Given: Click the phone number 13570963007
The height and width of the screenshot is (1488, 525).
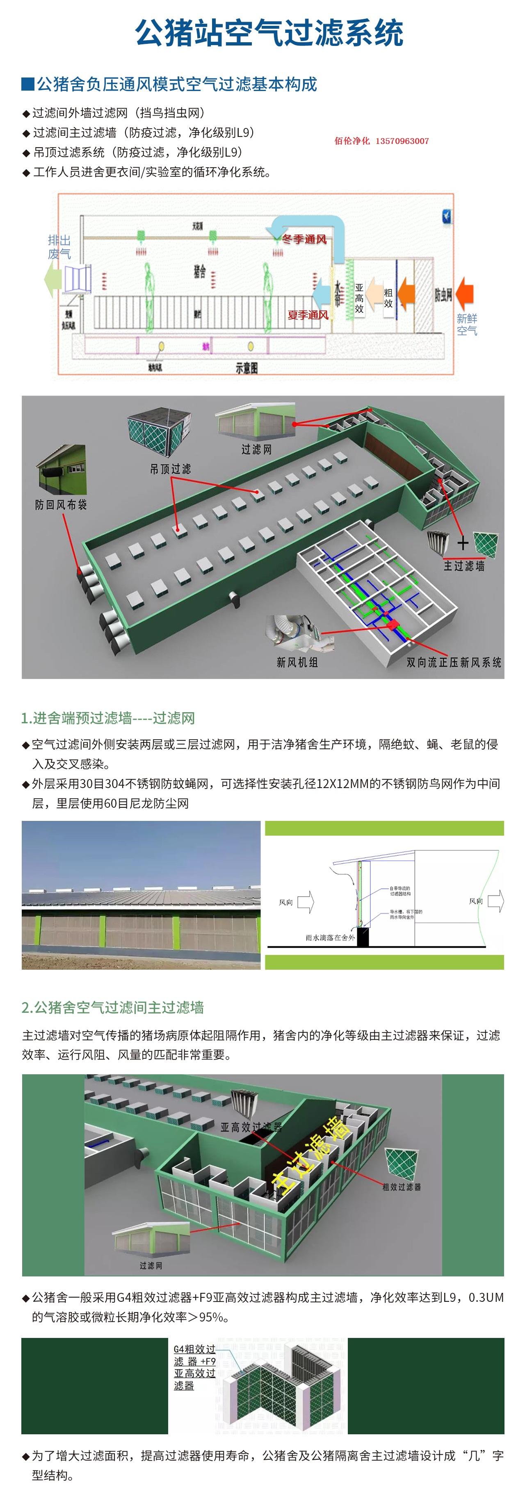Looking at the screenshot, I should tap(402, 141).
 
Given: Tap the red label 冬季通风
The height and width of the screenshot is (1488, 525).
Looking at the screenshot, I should tap(304, 239).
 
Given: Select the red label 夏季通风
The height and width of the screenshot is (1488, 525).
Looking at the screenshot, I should tap(308, 315).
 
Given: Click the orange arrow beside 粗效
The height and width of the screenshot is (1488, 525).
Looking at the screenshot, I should tap(406, 291).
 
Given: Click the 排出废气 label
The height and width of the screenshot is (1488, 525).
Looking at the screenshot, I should tap(59, 247).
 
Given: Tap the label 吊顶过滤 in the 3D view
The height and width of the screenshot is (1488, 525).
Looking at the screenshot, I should tap(170, 469).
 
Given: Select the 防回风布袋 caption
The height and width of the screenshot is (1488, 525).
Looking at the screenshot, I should tap(61, 505).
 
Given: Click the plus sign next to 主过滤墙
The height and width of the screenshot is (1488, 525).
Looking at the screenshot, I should tap(463, 543).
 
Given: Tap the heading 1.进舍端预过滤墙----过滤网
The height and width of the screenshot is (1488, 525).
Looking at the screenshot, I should tap(108, 718).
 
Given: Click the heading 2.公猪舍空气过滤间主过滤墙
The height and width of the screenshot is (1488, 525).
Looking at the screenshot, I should tap(113, 1007).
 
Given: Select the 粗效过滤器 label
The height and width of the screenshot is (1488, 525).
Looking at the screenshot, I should tap(402, 1187).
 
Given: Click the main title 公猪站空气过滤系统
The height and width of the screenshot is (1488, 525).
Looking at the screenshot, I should tap(269, 32).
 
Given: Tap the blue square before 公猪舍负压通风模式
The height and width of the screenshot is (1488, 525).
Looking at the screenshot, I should tap(28, 84).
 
